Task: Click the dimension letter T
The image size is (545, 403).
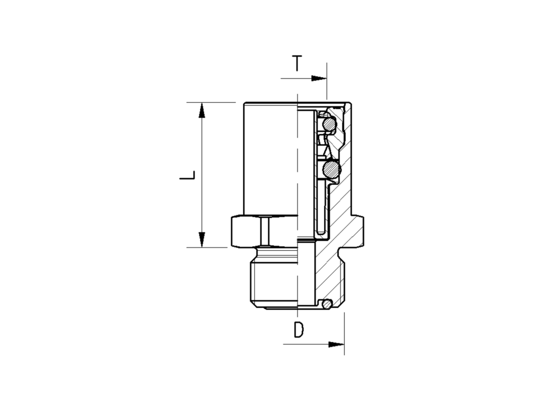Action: pyautogui.click(x=297, y=63)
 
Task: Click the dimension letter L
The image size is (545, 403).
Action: pyautogui.click(x=187, y=175)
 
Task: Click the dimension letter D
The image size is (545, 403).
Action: pyautogui.click(x=299, y=330)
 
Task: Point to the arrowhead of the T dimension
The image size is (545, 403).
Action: pyautogui.click(x=319, y=79)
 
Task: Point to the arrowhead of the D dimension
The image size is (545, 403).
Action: pyautogui.click(x=336, y=344)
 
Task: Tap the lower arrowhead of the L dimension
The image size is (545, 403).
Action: pyautogui.click(x=202, y=240)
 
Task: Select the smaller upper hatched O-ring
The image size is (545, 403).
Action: pyautogui.click(x=329, y=124)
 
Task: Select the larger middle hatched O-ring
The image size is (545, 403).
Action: pyautogui.click(x=331, y=170)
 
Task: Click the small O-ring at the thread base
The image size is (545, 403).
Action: pyautogui.click(x=326, y=305)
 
